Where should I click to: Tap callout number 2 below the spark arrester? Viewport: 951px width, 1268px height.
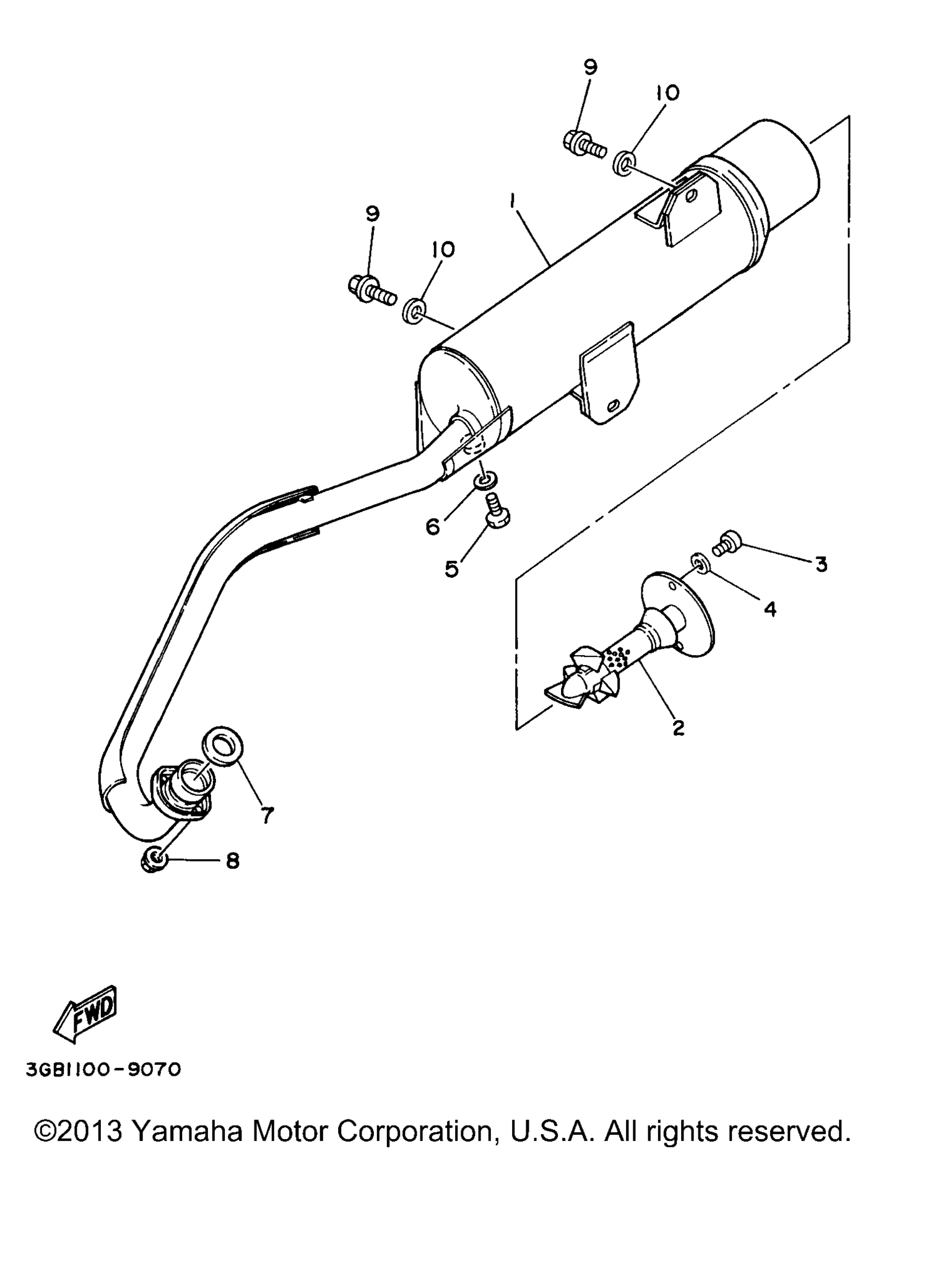[x=679, y=727]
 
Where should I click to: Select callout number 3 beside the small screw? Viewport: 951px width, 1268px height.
[x=821, y=564]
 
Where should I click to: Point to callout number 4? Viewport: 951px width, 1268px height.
[x=770, y=609]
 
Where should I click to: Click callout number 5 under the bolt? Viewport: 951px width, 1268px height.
[x=452, y=568]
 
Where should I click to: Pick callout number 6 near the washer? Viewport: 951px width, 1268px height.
[x=433, y=527]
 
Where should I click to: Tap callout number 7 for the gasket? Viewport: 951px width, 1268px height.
[x=267, y=815]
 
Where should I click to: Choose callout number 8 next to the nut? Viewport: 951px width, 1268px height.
[x=233, y=860]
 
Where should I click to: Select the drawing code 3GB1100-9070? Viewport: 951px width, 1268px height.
[x=103, y=1069]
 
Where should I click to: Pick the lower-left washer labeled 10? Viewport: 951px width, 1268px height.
[x=414, y=310]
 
